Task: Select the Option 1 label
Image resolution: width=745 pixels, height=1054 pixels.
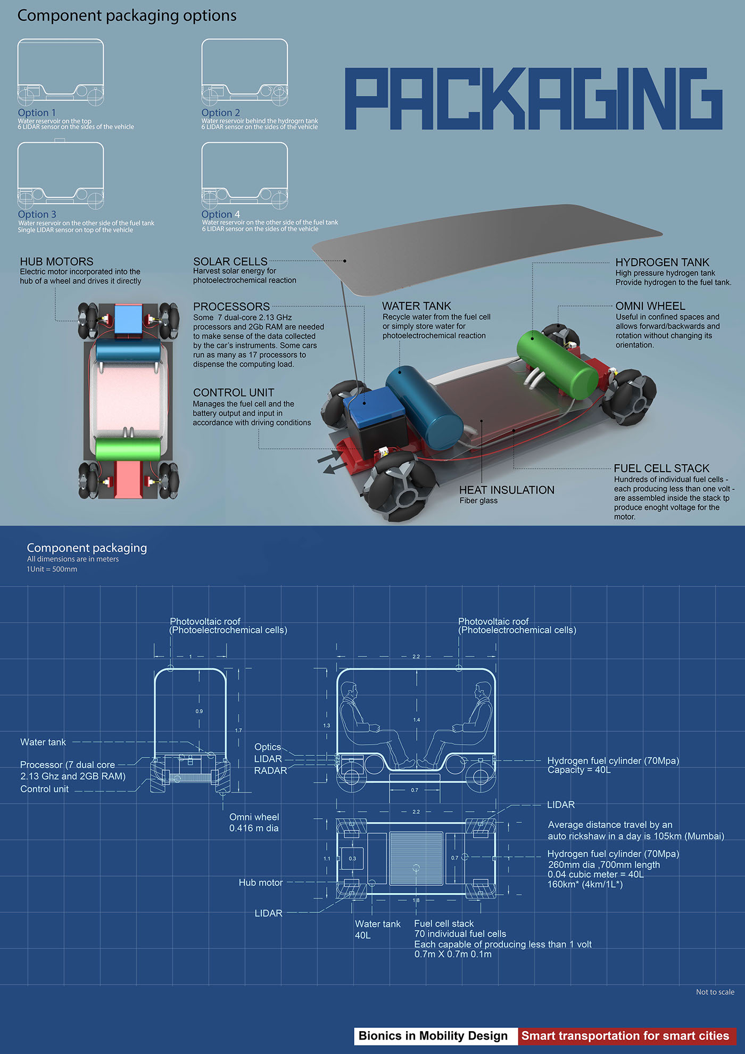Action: [x=37, y=113]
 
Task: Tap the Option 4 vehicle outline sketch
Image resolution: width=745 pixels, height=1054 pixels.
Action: [x=245, y=176]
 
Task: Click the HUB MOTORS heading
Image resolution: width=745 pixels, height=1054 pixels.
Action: [x=56, y=261]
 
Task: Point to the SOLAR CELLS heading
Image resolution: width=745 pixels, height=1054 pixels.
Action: [x=230, y=261]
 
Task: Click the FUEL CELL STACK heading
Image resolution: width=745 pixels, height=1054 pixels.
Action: [x=661, y=468]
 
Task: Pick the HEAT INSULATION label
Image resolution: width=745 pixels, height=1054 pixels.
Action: [x=507, y=490]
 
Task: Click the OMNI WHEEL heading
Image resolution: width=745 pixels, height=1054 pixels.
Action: [x=650, y=306]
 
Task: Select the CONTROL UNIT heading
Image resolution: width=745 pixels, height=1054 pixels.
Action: [x=234, y=392]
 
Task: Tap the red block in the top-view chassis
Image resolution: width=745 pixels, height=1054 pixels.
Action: [x=128, y=479]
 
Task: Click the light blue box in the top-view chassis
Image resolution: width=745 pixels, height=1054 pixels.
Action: [x=128, y=318]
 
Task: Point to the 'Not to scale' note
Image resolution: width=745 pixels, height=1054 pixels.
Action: [x=715, y=992]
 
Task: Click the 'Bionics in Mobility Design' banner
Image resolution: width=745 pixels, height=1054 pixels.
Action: [x=433, y=1036]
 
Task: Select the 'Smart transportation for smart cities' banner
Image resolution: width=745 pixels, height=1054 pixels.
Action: [x=625, y=1036]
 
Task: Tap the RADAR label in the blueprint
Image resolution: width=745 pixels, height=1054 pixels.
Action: [x=270, y=770]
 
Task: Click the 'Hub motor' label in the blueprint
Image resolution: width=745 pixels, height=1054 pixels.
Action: [x=260, y=883]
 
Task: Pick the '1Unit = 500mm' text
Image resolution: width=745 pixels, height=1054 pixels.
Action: [x=52, y=569]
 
